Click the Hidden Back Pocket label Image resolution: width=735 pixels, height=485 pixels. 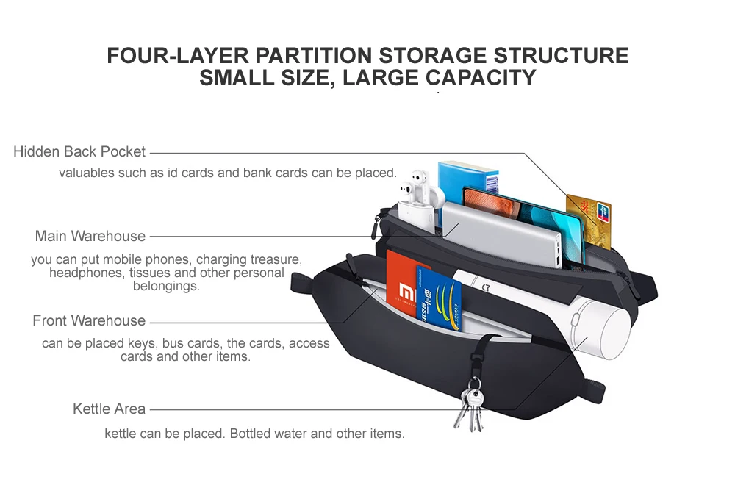click(79, 152)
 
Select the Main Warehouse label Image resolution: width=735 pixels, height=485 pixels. click(90, 236)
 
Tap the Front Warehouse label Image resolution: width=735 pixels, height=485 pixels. click(89, 320)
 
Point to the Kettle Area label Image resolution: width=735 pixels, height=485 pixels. click(109, 409)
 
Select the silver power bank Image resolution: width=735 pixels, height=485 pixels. click(507, 237)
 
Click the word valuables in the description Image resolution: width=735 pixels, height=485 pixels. click(85, 173)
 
